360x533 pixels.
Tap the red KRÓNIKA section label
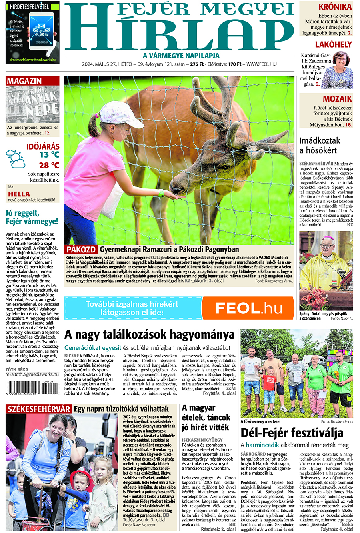point(335,7)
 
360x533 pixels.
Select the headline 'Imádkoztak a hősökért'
point(320,145)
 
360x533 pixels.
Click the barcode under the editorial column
point(30,387)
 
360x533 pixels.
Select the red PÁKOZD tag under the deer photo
point(81,250)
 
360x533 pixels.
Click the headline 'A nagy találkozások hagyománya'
point(149,334)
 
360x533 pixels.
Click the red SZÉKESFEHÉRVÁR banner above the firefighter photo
point(39,409)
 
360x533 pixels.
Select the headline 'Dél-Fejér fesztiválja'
point(292,433)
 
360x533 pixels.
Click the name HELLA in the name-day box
point(19,194)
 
